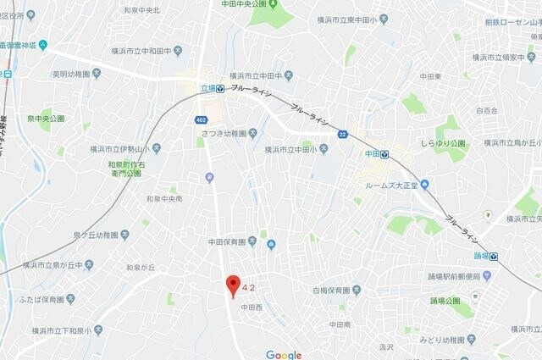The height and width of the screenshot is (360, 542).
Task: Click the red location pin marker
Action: pos(233,285)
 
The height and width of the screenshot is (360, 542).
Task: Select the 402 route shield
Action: pos(201,119)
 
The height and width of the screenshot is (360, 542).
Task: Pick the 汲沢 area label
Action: pos(386,346)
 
